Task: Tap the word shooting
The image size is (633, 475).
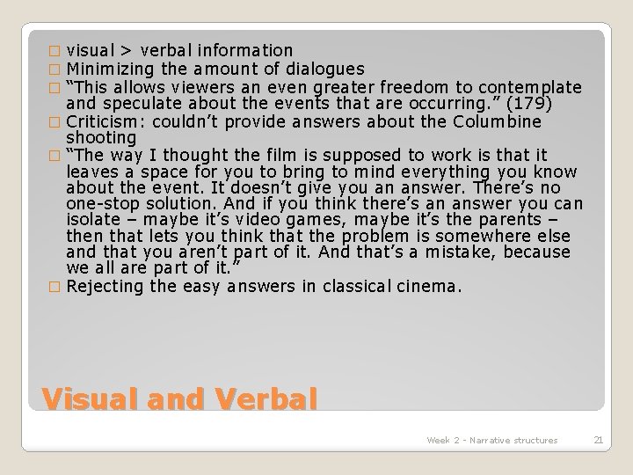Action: [101, 138]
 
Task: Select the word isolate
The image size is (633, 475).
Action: [95, 219]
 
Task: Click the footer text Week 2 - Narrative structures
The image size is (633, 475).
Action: [491, 440]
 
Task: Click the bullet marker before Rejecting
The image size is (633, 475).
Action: [58, 287]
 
